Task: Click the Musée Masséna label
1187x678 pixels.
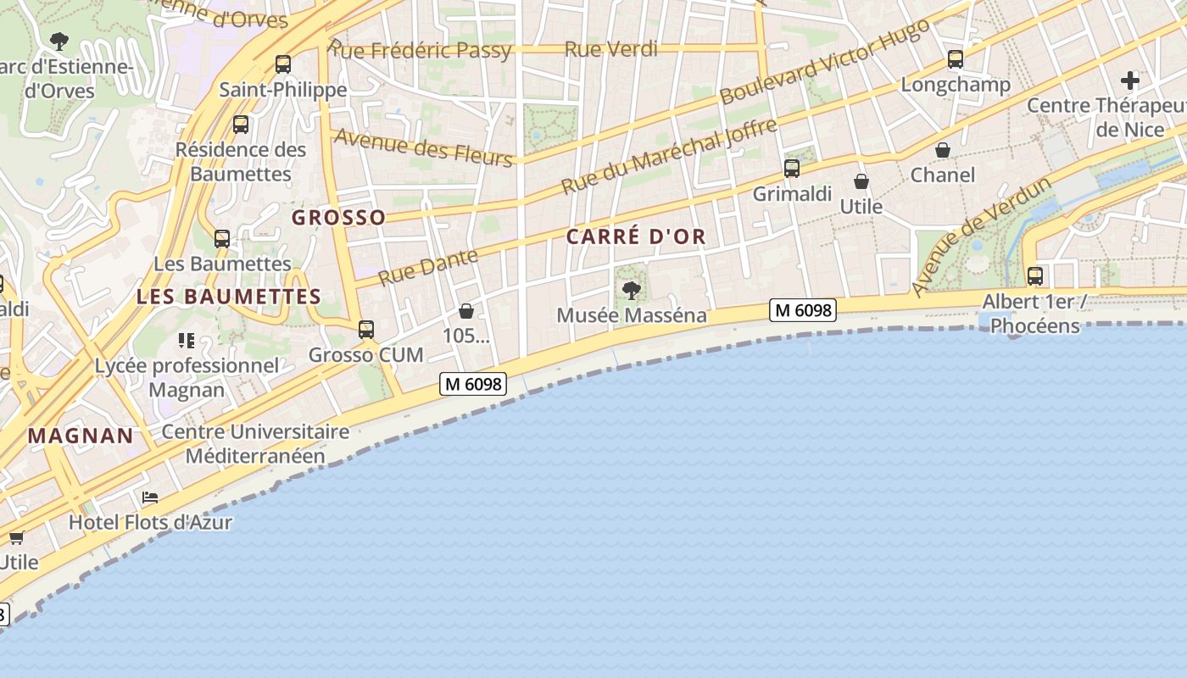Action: pyautogui.click(x=631, y=315)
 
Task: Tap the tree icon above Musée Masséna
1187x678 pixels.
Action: pyautogui.click(x=631, y=291)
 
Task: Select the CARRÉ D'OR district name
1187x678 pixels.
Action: pyautogui.click(x=636, y=236)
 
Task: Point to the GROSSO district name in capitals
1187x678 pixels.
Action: pyautogui.click(x=338, y=218)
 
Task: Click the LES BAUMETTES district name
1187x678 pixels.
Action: pyautogui.click(x=229, y=297)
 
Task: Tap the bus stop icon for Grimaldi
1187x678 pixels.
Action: pyautogui.click(x=791, y=169)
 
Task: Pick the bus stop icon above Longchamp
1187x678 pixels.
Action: pyautogui.click(x=956, y=59)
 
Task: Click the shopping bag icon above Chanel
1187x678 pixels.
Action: pyautogui.click(x=942, y=151)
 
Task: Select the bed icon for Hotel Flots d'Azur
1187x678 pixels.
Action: pyautogui.click(x=150, y=497)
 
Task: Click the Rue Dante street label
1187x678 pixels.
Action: pyautogui.click(x=428, y=266)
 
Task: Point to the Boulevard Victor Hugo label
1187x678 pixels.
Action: pyautogui.click(x=823, y=62)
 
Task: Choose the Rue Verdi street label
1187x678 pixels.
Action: pyautogui.click(x=610, y=49)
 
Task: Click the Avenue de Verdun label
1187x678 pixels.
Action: pyautogui.click(x=981, y=236)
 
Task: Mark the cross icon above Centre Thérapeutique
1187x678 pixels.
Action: pyautogui.click(x=1129, y=81)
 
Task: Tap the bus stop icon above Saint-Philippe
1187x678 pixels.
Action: pyautogui.click(x=283, y=64)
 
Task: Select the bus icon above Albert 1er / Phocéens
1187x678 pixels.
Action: pyautogui.click(x=1034, y=276)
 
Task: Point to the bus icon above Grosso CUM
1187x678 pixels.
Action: pyautogui.click(x=365, y=330)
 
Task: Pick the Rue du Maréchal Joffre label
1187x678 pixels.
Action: pyautogui.click(x=669, y=157)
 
